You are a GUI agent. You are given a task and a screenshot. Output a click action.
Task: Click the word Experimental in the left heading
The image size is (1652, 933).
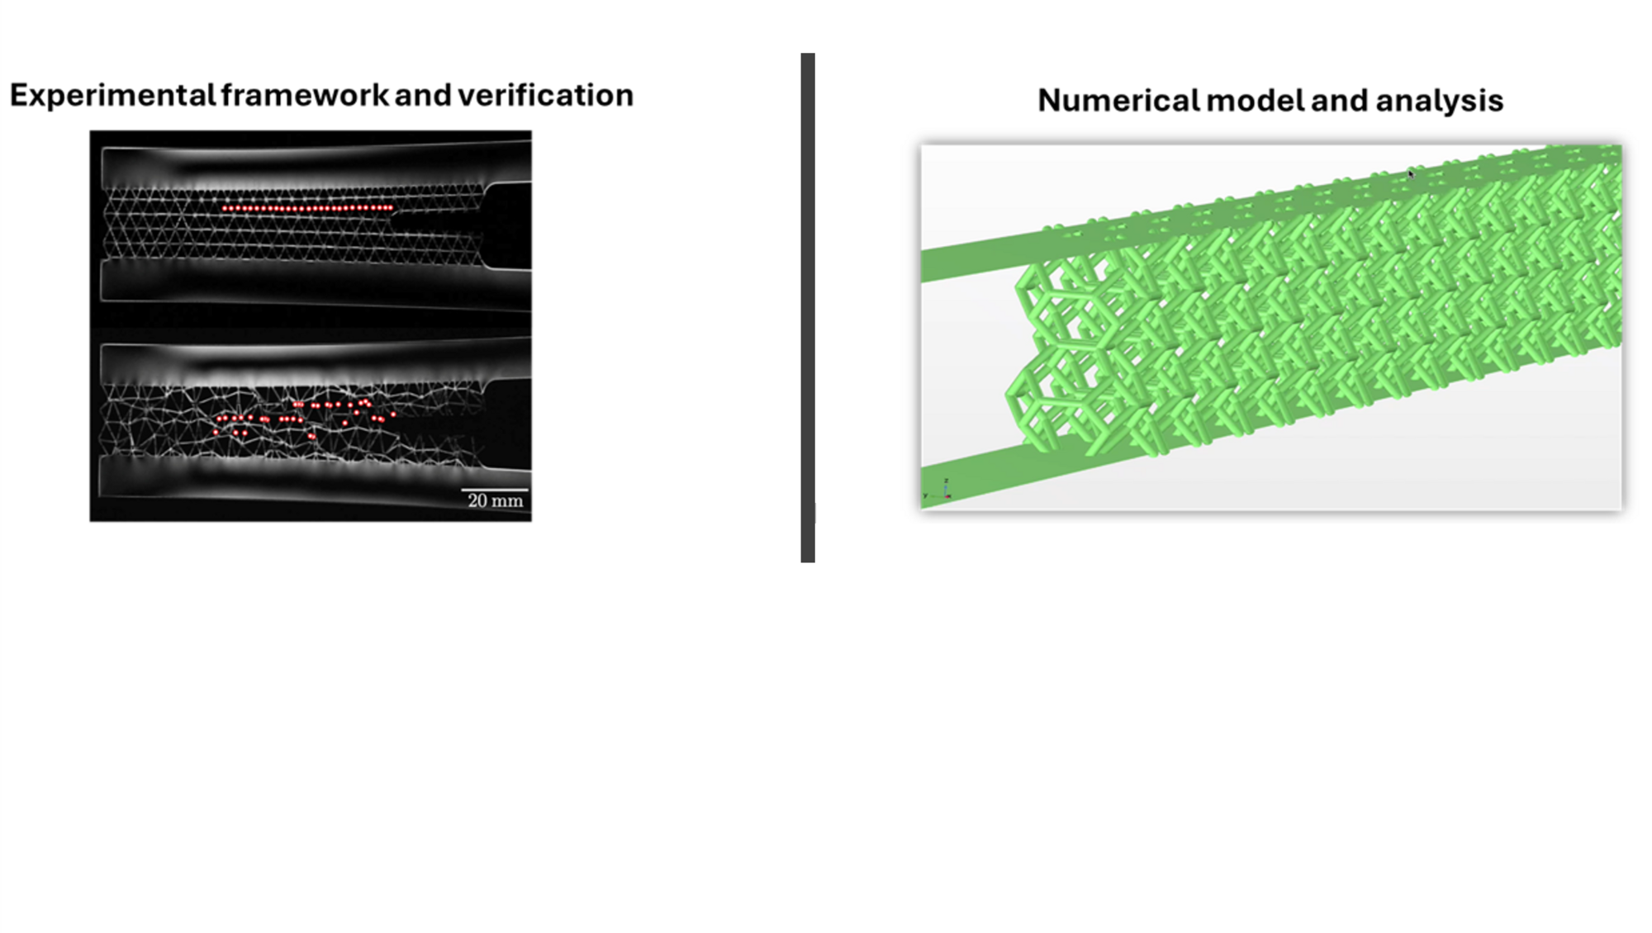pyautogui.click(x=112, y=96)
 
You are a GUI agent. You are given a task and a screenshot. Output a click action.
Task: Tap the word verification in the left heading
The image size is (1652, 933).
pyautogui.click(x=545, y=96)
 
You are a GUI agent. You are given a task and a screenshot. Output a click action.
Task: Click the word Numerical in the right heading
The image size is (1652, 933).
pyautogui.click(x=1118, y=101)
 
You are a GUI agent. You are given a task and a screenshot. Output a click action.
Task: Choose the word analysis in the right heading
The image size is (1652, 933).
pyautogui.click(x=1439, y=101)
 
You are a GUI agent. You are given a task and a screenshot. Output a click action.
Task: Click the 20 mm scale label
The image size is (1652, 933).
pyautogui.click(x=495, y=500)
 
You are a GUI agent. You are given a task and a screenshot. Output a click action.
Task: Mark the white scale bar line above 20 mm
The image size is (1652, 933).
pyautogui.click(x=494, y=490)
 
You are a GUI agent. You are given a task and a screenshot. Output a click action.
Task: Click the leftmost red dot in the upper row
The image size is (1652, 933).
pyautogui.click(x=225, y=209)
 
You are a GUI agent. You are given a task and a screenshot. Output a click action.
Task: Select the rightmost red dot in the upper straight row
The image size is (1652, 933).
pyautogui.click(x=391, y=208)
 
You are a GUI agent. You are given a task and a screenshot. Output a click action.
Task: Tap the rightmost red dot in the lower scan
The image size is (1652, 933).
pyautogui.click(x=393, y=414)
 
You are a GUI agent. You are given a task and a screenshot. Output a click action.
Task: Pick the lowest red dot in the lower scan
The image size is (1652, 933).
pyautogui.click(x=312, y=436)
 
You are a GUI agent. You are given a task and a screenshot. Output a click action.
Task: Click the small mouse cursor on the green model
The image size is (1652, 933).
pyautogui.click(x=1411, y=173)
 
